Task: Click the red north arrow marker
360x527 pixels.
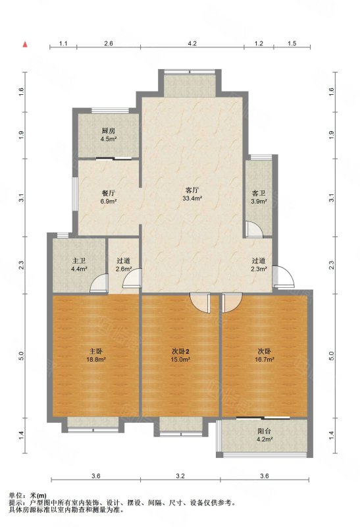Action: point(25,44)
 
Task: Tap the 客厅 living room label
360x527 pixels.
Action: point(192,190)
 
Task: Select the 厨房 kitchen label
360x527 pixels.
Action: point(109,130)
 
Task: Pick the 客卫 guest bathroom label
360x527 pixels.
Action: point(259,193)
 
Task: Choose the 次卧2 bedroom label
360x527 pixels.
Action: point(181,352)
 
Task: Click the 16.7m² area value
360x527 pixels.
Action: point(265,359)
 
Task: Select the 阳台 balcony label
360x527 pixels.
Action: point(264,431)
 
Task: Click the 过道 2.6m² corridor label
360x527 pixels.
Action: point(123,264)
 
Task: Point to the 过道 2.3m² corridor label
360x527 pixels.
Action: point(259,264)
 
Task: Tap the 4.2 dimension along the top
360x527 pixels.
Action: point(192,43)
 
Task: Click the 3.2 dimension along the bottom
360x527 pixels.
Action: point(180,476)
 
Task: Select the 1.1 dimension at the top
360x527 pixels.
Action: point(63,43)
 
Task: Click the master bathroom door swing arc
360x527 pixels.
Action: point(99,283)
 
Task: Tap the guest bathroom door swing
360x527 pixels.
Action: point(253,229)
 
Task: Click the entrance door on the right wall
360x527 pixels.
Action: point(284,276)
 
